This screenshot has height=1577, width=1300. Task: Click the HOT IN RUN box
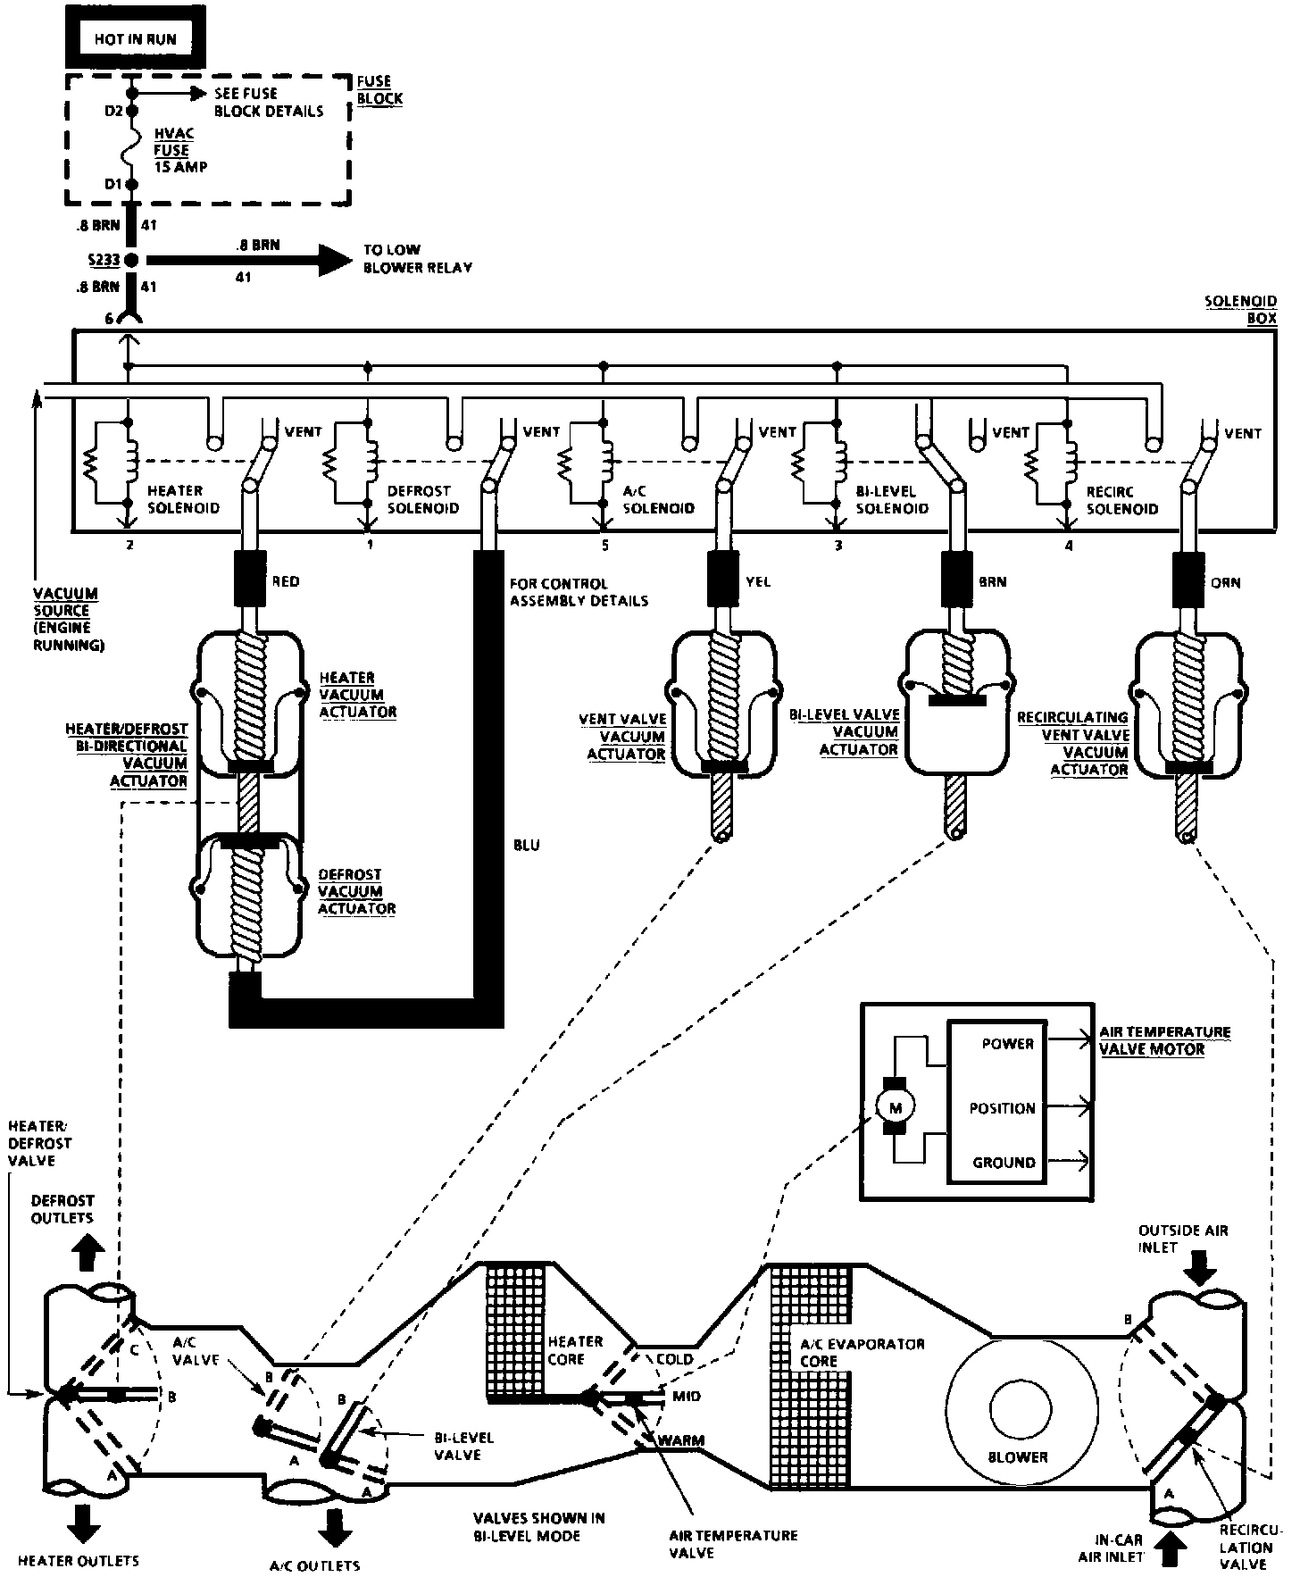[135, 39]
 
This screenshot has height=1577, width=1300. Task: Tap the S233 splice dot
[131, 261]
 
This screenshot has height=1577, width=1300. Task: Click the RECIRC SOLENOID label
[1122, 499]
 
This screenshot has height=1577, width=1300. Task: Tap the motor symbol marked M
[896, 1108]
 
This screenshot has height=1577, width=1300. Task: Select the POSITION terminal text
[1002, 1108]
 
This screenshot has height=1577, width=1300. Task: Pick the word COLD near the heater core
[674, 1359]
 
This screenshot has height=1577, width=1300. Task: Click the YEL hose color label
[756, 582]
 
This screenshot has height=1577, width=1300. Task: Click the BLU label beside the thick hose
[527, 845]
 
